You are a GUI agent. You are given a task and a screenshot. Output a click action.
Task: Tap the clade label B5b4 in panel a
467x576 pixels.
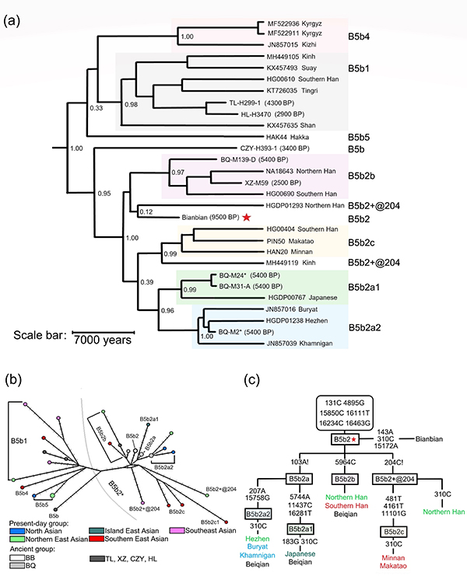pos(362,36)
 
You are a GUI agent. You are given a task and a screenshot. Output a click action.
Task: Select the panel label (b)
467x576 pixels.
pos(15,380)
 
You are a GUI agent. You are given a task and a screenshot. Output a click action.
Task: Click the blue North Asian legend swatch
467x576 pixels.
pos(19,531)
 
